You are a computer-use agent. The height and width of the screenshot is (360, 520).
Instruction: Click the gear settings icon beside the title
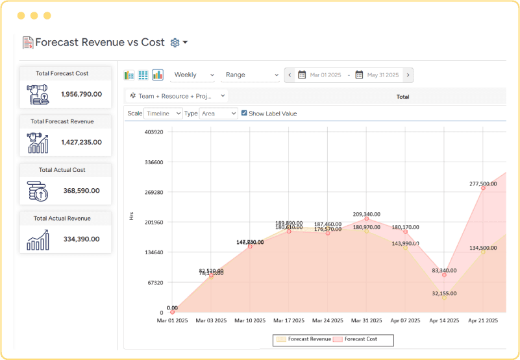coord(175,43)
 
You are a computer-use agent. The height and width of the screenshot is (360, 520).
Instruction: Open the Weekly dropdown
coord(193,75)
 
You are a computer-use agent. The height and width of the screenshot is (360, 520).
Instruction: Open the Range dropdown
coord(251,75)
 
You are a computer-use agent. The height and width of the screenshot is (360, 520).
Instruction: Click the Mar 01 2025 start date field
coord(325,75)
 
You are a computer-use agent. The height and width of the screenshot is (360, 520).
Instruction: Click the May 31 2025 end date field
coord(382,75)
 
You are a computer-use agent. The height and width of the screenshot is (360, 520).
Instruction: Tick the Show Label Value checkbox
coord(244,113)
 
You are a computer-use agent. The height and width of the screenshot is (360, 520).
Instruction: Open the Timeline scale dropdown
coord(163,114)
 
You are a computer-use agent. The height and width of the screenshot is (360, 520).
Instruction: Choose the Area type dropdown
coord(218,114)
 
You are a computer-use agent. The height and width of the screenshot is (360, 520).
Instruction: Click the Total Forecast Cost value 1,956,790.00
coord(81,94)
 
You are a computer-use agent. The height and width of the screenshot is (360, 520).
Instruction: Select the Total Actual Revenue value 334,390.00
coord(81,239)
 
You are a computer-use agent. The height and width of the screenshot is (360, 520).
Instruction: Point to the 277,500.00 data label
coord(483,184)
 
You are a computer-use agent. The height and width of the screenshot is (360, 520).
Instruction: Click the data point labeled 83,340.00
coord(445,275)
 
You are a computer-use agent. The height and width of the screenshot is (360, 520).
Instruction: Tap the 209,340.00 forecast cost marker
coord(367,219)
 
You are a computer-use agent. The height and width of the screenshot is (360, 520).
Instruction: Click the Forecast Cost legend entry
coord(359,339)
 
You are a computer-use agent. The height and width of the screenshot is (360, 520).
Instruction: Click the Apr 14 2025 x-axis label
coord(445,320)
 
